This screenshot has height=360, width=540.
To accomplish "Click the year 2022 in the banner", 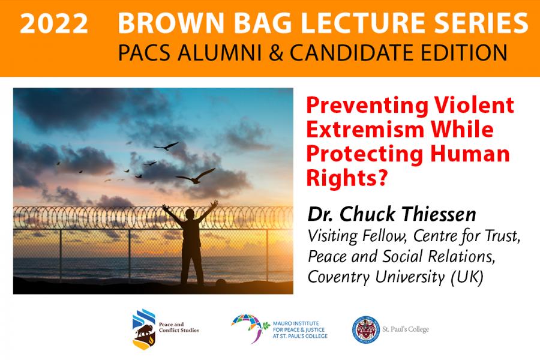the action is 54,24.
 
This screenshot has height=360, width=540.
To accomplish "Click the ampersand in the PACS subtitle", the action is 275,53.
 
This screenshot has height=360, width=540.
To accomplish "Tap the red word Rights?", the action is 347,178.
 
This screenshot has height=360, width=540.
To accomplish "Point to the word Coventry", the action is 339,277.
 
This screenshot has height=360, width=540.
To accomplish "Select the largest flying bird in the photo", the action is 196,176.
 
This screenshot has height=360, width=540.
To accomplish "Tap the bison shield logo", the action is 144,329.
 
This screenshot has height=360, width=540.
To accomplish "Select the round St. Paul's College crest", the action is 366,329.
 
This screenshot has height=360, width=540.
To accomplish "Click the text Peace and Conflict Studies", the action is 179,327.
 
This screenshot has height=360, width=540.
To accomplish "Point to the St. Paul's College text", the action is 406,329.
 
